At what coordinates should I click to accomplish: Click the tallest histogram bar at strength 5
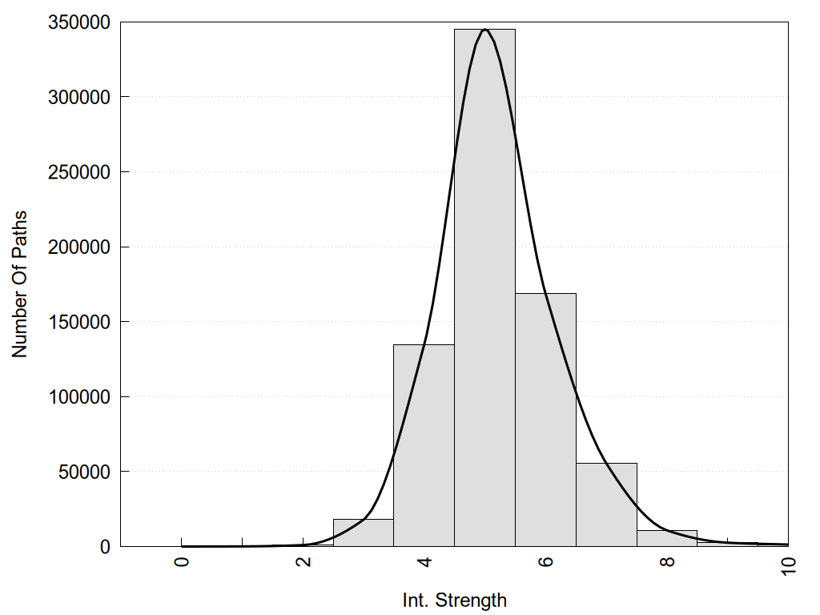click(x=484, y=288)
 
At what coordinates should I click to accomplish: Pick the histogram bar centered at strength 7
click(x=606, y=504)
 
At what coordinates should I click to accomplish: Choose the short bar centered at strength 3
click(x=363, y=533)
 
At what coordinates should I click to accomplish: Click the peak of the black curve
click(x=484, y=30)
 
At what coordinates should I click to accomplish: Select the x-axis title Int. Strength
click(x=454, y=600)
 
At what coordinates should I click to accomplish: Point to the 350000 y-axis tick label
click(x=77, y=22)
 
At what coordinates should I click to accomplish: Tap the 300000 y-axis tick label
click(x=77, y=97)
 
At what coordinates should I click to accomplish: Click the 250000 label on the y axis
click(x=77, y=172)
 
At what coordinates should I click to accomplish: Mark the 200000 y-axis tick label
click(x=77, y=247)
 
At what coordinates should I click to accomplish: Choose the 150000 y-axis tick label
click(x=77, y=322)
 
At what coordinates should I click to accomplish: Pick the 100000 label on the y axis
click(x=77, y=396)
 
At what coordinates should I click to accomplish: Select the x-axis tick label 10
click(x=789, y=566)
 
